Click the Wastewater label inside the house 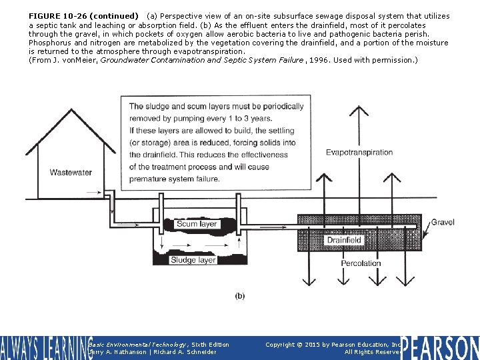coord(71,173)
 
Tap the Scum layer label coord(197,224)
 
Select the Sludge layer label coord(193,260)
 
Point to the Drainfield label coord(344,240)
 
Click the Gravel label coord(443,222)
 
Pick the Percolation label coord(361,263)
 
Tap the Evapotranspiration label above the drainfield coord(359,153)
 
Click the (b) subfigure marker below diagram coord(240,295)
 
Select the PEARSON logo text coord(440,348)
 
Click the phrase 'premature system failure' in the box coord(174,179)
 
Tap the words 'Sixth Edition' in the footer coord(209,345)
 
